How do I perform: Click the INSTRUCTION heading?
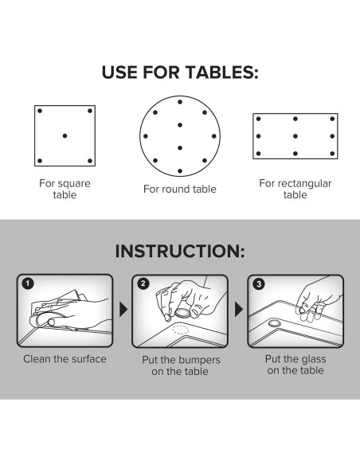click(180, 251)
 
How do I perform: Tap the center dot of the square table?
click(65, 136)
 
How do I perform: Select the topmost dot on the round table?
click(180, 102)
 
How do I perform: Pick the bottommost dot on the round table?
click(180, 171)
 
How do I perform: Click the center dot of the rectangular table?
click(295, 136)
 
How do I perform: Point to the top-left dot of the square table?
click(40, 111)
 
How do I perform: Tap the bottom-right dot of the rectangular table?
click(332, 154)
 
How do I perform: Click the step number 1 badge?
click(28, 283)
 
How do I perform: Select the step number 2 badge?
click(143, 283)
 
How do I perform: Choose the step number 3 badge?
click(259, 284)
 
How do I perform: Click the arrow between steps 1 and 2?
click(123, 309)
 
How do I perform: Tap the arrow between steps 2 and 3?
click(239, 309)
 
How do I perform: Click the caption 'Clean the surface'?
click(65, 359)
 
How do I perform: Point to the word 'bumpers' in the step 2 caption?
click(198, 360)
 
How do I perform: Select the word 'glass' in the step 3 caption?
click(313, 359)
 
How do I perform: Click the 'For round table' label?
click(180, 189)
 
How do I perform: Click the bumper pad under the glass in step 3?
click(274, 323)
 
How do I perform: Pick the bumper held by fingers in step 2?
click(182, 312)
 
